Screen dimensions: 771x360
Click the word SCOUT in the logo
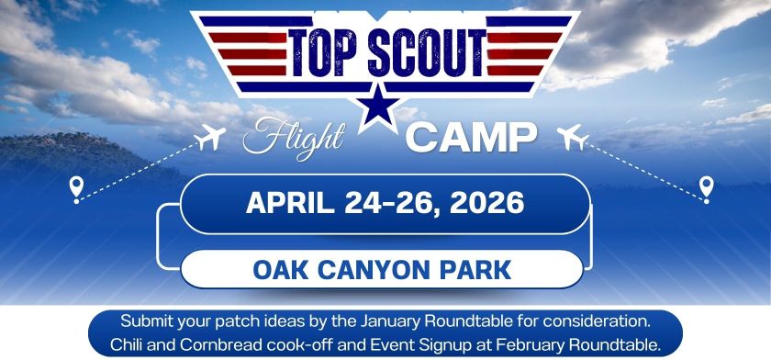click(426, 53)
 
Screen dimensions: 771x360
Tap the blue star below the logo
click(378, 107)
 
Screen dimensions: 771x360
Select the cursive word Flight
click(293, 137)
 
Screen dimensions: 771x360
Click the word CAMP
click(471, 137)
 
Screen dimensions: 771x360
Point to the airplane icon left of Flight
click(210, 137)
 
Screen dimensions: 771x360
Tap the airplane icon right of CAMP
click(573, 137)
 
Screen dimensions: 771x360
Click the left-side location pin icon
click(76, 189)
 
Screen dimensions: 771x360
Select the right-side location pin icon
click(706, 189)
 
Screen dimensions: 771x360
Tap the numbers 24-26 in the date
click(391, 203)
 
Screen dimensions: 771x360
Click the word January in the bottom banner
click(391, 322)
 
